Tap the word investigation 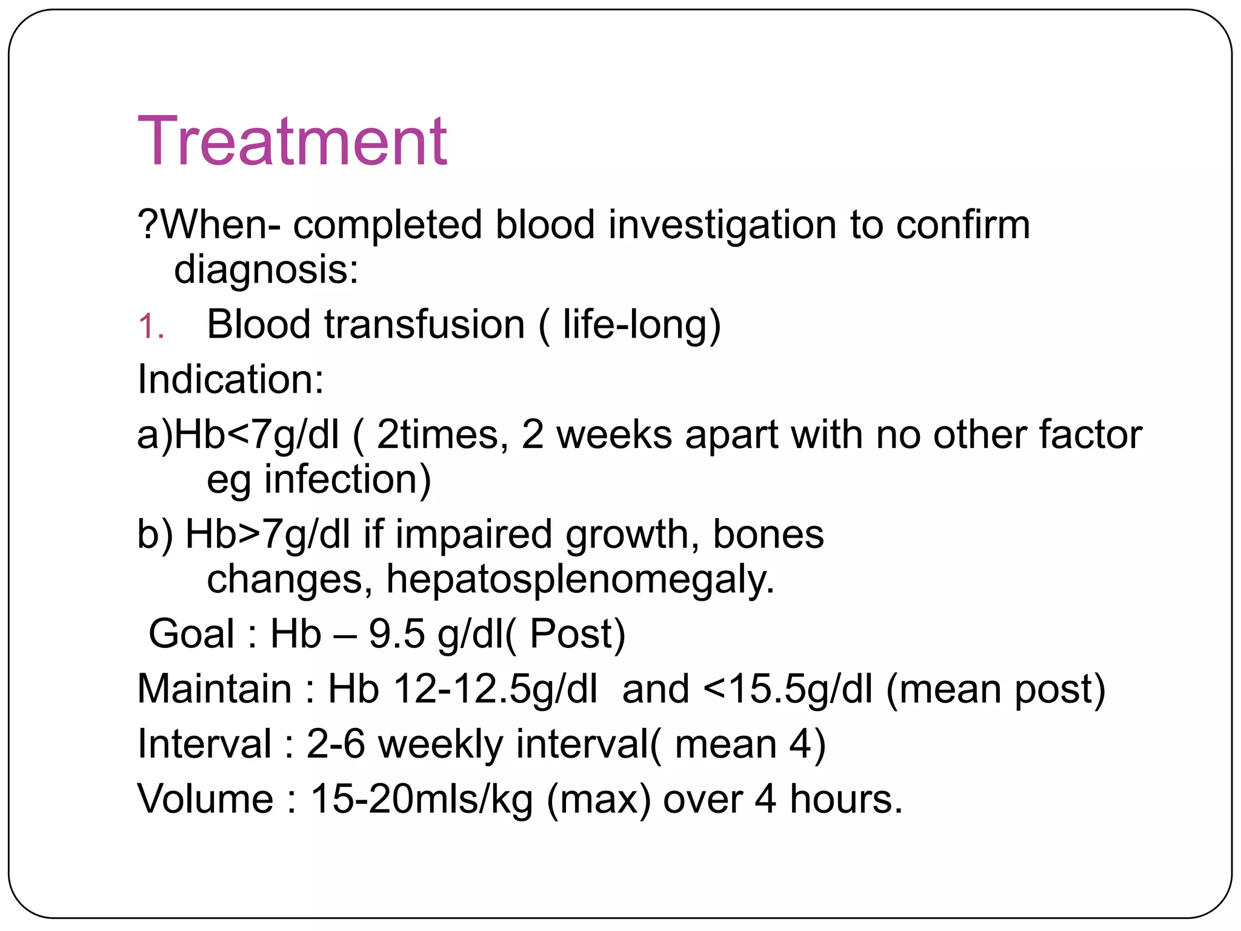[722, 225]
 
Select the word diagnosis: [266, 270]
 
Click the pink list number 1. [150, 327]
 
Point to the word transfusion [424, 324]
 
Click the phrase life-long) [642, 324]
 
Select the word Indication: [231, 379]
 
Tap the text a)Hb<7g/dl [238, 435]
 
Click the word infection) [348, 479]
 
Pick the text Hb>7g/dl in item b [267, 535]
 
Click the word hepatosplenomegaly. [581, 579]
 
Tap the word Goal [191, 634]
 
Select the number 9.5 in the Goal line [397, 634]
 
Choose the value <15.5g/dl [788, 689]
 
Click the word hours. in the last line [846, 799]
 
